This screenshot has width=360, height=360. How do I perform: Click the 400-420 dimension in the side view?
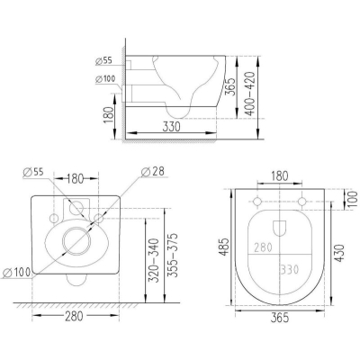tap(250, 94)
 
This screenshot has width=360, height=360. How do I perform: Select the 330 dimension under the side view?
tap(172, 127)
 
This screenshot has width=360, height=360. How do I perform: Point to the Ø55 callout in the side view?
tap(103, 61)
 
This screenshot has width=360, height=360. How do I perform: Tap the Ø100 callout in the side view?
tap(105, 79)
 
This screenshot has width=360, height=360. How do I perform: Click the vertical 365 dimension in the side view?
tap(230, 86)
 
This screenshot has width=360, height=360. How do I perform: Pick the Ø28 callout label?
tap(153, 172)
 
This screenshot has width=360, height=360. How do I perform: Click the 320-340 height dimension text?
tap(154, 260)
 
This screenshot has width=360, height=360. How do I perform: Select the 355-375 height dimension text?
tap(173, 255)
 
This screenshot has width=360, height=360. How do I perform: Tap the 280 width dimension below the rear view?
tap(74, 316)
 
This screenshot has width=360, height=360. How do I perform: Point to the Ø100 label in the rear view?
tap(16, 273)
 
